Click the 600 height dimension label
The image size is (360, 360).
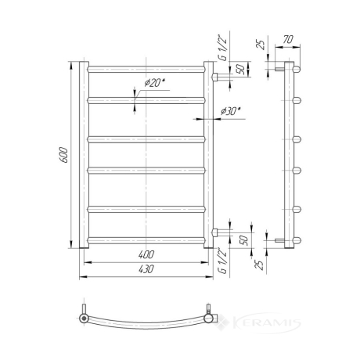63,155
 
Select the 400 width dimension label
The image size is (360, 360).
146,254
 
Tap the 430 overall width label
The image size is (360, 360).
146,269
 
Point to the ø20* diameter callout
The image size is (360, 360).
155,83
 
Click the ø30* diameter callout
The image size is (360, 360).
230,111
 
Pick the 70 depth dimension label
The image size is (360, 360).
288,39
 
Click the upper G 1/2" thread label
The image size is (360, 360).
224,48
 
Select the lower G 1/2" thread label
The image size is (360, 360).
223,261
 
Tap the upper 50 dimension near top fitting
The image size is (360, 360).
241,69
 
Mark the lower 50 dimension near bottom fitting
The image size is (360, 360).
243,240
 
